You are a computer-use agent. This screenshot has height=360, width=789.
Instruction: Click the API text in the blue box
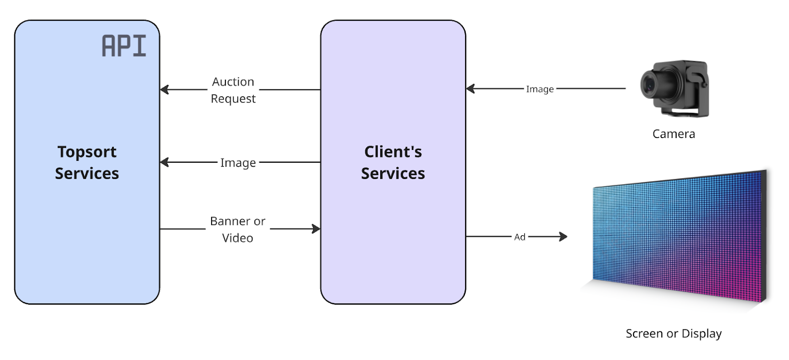pos(124,46)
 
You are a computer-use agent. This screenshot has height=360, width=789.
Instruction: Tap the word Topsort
pos(87,152)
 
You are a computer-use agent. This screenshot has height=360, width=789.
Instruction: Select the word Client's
pos(393,152)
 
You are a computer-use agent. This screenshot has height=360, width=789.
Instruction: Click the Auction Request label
pos(233,90)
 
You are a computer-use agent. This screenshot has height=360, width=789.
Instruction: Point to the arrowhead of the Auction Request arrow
pos(165,90)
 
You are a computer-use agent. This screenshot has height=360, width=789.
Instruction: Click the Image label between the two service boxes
pos(238,163)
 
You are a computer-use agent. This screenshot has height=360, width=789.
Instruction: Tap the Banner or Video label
pos(238,229)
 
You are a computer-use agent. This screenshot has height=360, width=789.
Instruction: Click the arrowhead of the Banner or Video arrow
pos(316,229)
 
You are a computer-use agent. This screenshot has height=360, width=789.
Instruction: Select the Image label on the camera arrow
pos(539,89)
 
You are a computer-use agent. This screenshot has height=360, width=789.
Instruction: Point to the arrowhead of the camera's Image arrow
pos(470,89)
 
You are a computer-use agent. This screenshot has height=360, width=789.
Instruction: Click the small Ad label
pos(520,237)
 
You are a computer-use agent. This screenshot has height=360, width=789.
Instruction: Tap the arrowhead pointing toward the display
pos(563,237)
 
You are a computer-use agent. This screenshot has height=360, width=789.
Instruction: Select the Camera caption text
pos(674,134)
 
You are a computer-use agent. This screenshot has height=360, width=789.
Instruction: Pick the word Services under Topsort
pos(87,174)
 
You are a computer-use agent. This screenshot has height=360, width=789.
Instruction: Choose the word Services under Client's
pos(393,174)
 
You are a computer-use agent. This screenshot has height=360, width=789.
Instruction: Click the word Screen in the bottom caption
pos(644,334)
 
